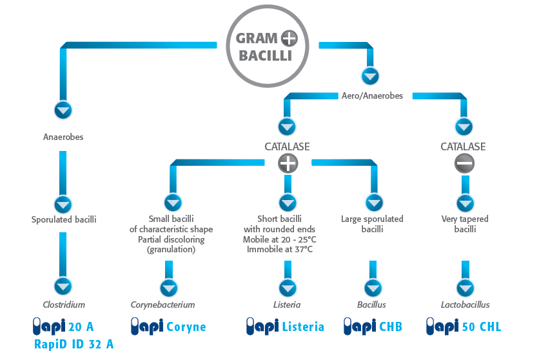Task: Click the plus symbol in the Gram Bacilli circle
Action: click(289, 38)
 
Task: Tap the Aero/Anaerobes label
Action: click(372, 96)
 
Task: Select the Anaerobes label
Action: click(63, 137)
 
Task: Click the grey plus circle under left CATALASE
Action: click(288, 164)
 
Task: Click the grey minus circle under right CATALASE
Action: click(463, 164)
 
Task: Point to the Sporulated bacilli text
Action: click(63, 219)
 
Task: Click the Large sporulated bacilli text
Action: click(372, 224)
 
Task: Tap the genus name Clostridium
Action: click(63, 305)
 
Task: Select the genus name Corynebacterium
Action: click(162, 305)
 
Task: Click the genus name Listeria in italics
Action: click(288, 305)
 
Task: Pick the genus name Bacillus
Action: click(371, 305)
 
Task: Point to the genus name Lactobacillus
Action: click(465, 305)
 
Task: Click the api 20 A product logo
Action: click(63, 326)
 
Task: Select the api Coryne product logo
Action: click(168, 326)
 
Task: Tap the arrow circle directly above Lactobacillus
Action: click(465, 286)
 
